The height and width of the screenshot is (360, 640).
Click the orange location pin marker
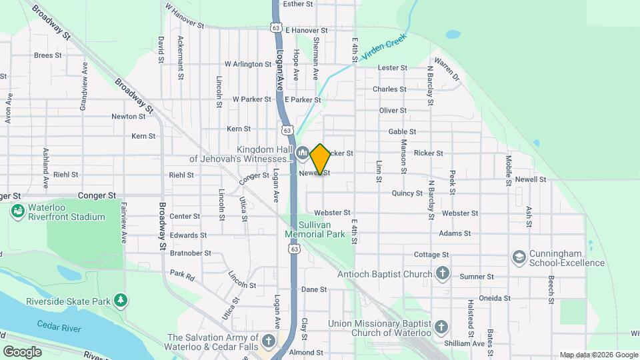coord(321,159)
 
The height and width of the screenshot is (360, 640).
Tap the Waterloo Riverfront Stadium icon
coord(17,212)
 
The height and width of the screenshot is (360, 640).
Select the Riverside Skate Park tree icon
coord(120,301)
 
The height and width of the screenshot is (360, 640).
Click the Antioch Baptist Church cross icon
coord(442,273)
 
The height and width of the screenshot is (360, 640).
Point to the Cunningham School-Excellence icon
coord(519,257)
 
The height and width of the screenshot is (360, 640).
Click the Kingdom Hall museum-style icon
coord(302,153)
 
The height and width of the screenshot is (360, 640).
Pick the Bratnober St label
coord(190,253)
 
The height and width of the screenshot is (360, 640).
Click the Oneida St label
coord(494,298)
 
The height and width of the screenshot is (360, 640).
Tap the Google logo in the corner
coord(22,351)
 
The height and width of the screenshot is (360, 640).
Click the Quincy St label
coord(407,193)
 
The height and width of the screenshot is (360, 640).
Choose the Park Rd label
coord(181,273)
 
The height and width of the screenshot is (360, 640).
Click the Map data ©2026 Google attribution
coord(598,355)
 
